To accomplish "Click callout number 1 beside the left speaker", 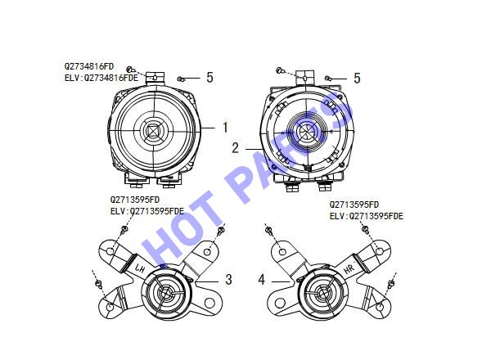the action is (225, 128).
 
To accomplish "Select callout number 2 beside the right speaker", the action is (235, 148).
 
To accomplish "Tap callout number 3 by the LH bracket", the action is (229, 279).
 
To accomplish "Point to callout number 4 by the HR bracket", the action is (262, 279).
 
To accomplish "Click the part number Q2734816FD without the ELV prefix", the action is (89, 66).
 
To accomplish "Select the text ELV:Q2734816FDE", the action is (101, 78).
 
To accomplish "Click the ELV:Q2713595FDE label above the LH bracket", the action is (147, 211).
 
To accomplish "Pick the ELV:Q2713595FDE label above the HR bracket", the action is (367, 216).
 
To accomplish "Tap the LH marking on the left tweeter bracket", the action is (140, 268).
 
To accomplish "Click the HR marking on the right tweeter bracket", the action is (349, 268).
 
